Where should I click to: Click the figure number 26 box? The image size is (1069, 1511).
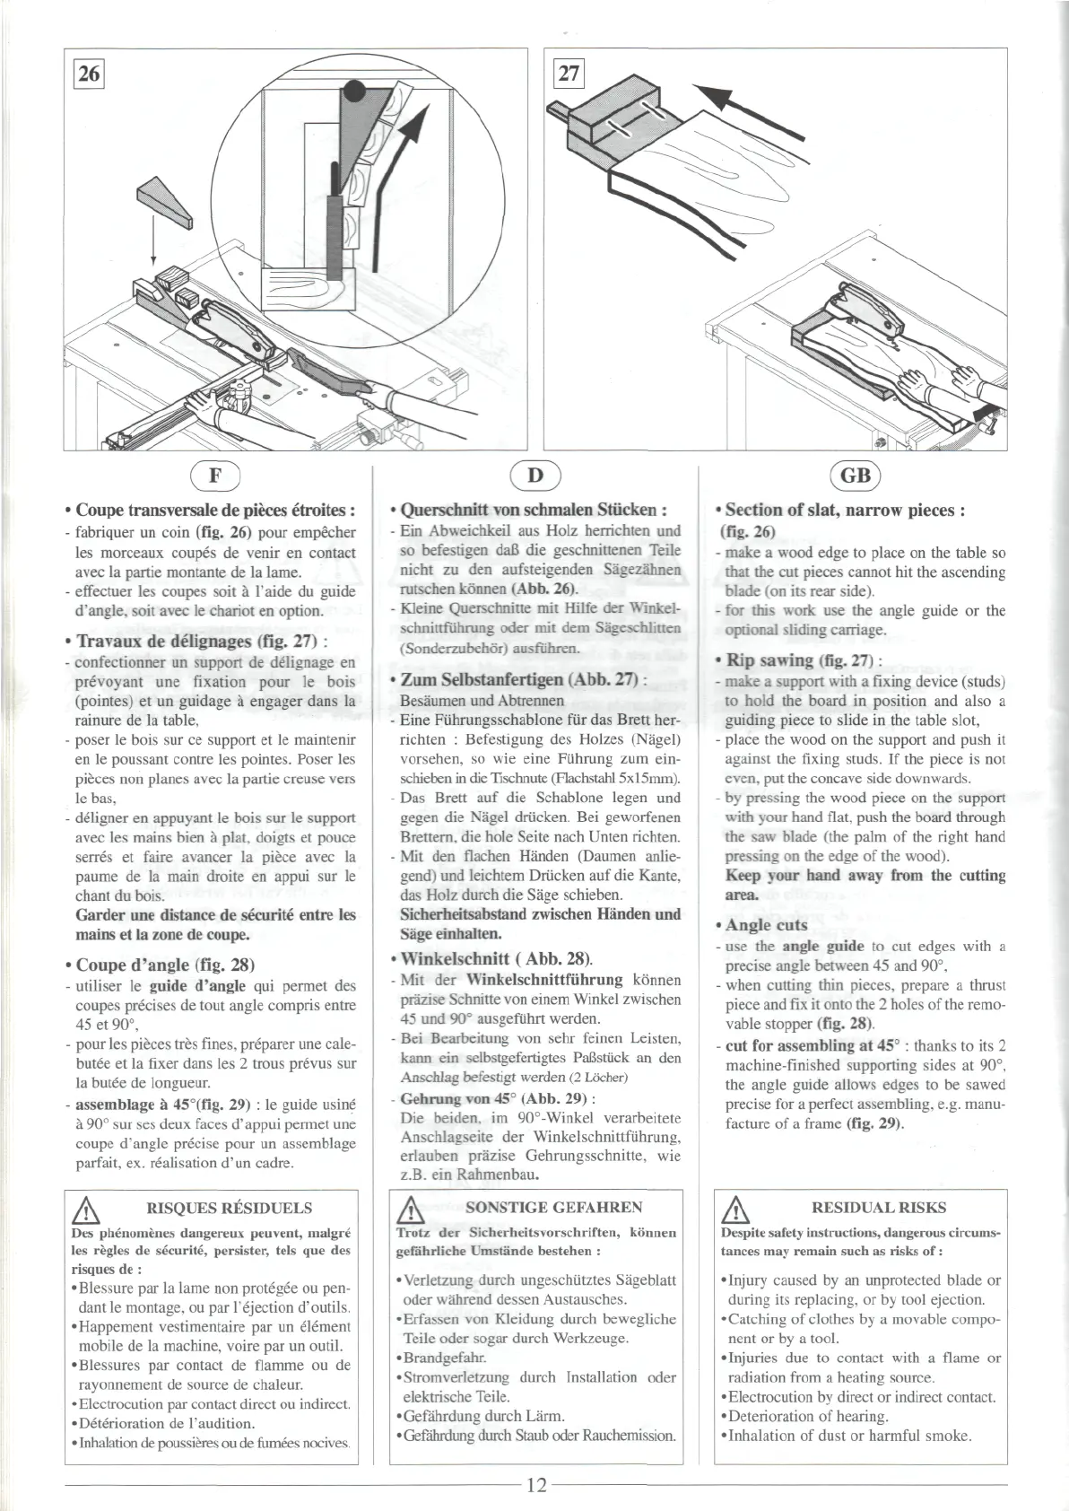coord(89,74)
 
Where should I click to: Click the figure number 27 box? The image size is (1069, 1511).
coord(569,73)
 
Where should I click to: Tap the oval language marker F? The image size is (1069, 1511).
coord(216,475)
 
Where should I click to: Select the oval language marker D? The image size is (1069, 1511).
coord(534,475)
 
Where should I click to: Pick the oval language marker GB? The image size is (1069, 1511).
coord(856,475)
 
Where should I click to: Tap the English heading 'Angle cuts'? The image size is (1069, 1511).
coord(766,925)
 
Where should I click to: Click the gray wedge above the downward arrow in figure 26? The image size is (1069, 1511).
coord(163,205)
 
